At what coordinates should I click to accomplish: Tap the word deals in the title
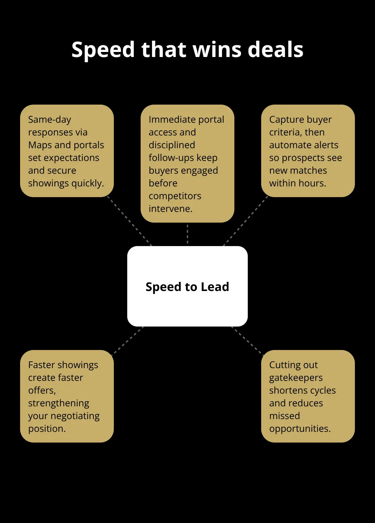276,49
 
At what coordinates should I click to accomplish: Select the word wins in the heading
217,50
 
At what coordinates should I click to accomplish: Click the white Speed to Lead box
187,286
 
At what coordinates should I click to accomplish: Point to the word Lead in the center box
215,287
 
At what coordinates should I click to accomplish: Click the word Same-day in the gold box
50,120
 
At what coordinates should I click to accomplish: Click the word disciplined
172,145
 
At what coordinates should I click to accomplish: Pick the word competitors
175,196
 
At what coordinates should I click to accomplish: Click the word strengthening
59,403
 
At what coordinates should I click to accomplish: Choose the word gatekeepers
296,378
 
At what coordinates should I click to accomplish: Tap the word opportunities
300,429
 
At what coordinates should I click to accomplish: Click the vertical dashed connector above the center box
187,234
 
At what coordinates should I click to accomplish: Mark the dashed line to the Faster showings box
128,341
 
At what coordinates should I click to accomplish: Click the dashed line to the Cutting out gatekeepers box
247,341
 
